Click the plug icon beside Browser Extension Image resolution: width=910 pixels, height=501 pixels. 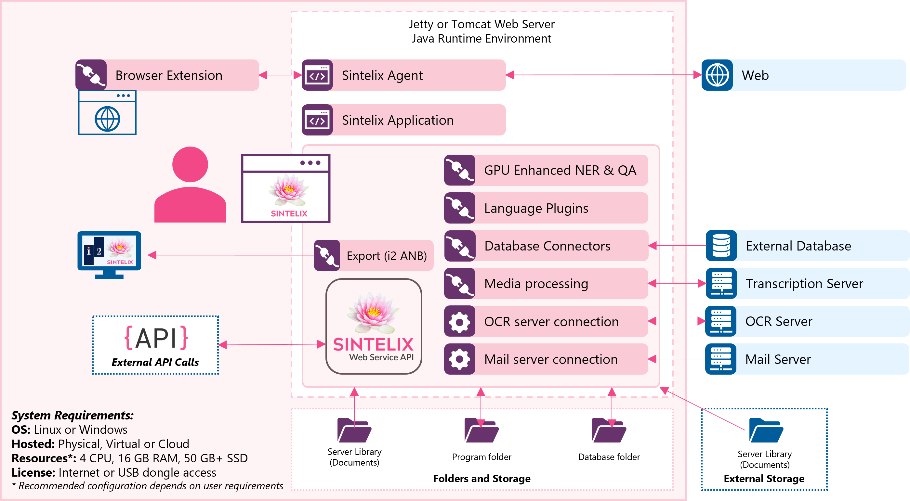(91, 75)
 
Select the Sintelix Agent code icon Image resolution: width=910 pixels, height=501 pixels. (317, 75)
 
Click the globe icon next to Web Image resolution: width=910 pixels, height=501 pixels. (717, 75)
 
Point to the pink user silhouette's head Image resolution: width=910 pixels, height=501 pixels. (190, 164)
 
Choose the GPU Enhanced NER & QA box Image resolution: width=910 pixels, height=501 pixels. (546, 170)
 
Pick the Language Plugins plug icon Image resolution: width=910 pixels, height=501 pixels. (459, 208)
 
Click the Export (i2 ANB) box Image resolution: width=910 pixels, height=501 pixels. (374, 255)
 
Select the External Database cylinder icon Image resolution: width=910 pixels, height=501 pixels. (721, 246)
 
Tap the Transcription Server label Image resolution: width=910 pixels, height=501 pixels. (804, 284)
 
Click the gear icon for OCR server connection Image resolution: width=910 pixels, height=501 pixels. (459, 321)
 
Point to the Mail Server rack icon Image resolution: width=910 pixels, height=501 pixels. (721, 359)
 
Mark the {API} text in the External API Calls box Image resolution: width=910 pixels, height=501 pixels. (156, 338)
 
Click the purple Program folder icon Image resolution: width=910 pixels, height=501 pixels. (481, 430)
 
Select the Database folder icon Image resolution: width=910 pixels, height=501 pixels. (609, 430)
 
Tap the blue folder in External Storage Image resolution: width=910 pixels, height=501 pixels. (766, 430)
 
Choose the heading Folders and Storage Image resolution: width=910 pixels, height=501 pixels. (481, 478)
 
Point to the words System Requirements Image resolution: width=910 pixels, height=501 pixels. (73, 415)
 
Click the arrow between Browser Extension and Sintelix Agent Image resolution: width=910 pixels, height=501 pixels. (280, 75)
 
